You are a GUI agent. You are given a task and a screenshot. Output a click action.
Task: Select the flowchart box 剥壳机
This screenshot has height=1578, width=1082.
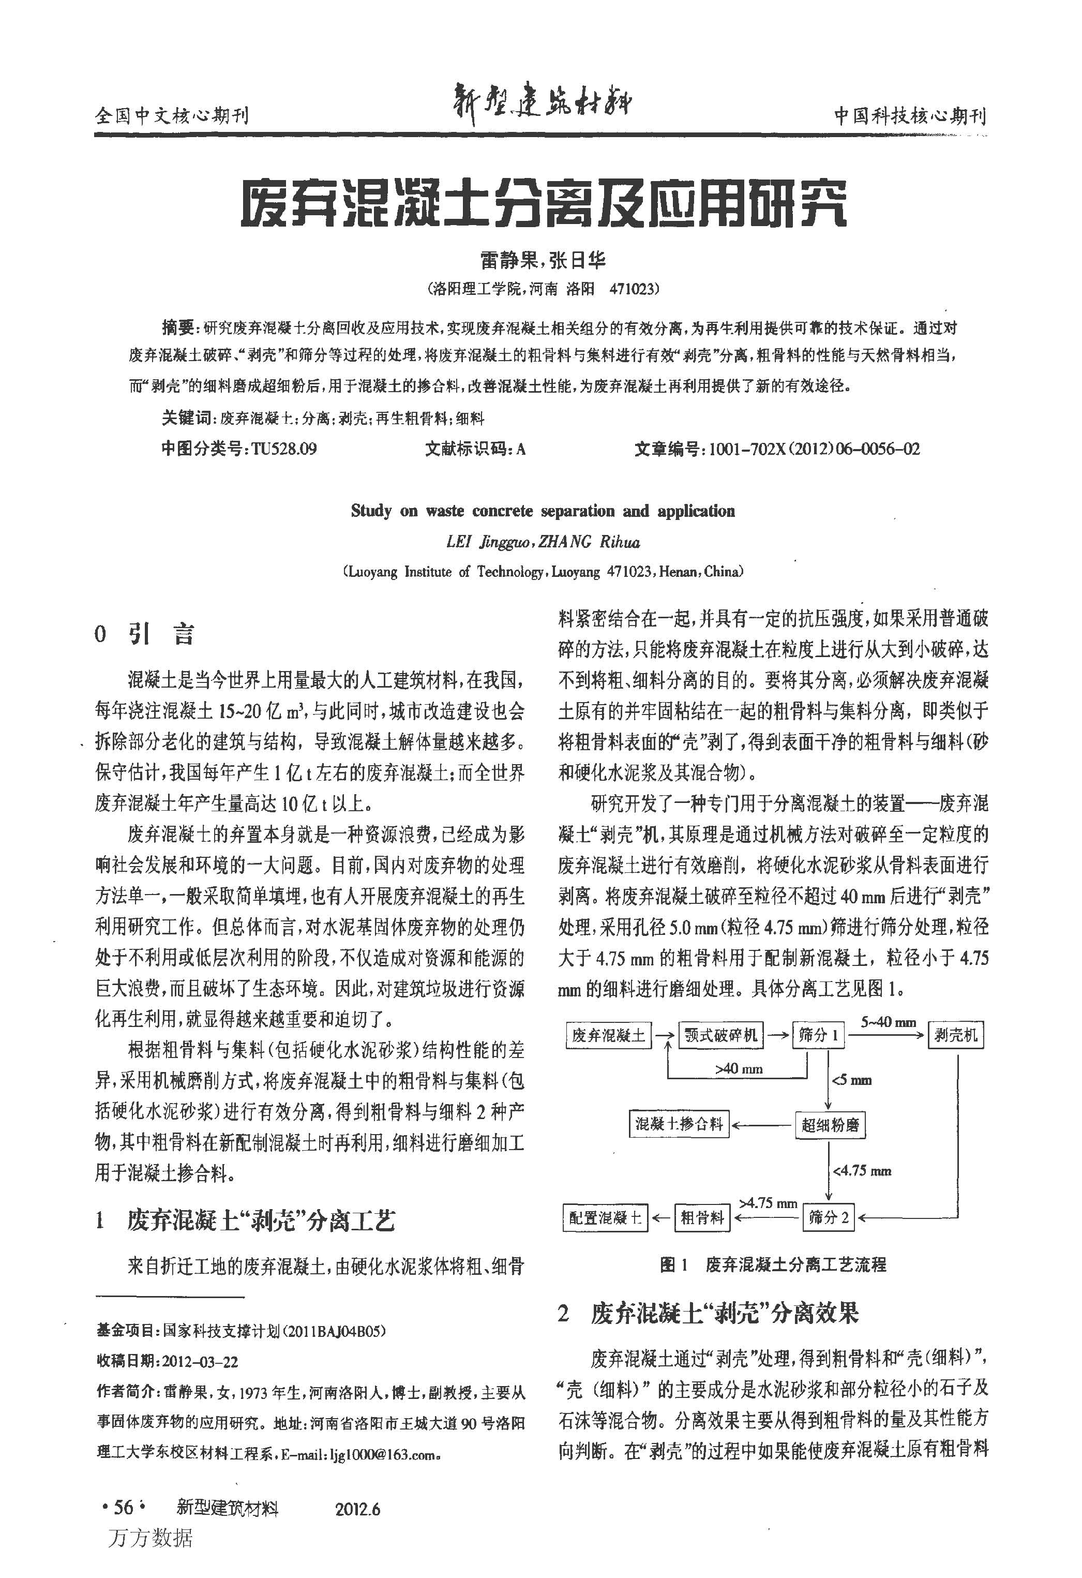956,1035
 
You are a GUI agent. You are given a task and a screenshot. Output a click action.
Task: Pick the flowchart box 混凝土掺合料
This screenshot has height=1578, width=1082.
679,1124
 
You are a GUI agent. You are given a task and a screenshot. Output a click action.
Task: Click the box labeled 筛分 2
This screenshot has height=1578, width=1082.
829,1217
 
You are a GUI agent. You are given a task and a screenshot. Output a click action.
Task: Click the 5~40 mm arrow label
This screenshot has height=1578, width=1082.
889,1022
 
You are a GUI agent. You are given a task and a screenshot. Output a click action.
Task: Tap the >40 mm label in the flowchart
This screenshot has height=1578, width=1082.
739,1069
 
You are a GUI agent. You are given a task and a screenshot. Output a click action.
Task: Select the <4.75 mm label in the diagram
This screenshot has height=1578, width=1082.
862,1171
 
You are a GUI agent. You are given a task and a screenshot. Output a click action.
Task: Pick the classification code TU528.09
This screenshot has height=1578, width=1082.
284,450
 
